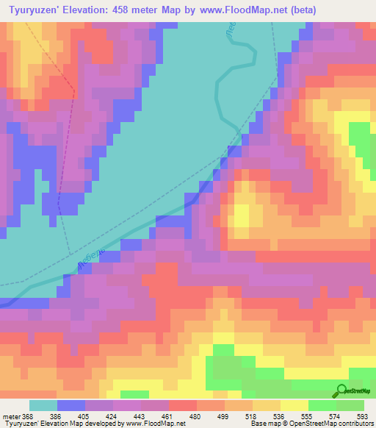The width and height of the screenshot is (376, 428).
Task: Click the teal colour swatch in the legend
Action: pos(43,405)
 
